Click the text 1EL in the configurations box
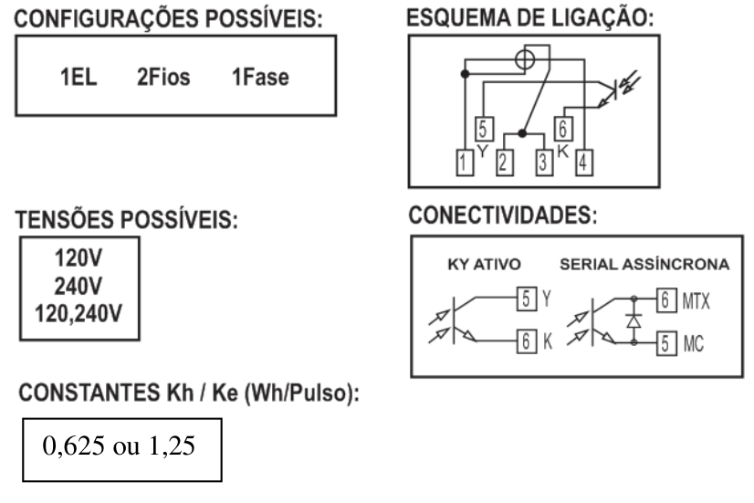click(79, 77)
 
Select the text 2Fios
click(163, 77)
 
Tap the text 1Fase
click(260, 77)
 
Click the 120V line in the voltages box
click(79, 258)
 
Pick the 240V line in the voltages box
click(79, 286)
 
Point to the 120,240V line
click(79, 313)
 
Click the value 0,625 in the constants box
click(73, 445)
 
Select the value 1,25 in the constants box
click(172, 445)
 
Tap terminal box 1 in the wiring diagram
click(465, 162)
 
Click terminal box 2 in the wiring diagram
click(505, 162)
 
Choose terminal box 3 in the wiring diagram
click(544, 162)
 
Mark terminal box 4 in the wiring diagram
click(584, 162)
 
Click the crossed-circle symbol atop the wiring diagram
click(525, 59)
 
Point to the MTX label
click(696, 301)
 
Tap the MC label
click(693, 344)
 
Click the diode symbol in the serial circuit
click(634, 320)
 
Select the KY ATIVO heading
click(484, 265)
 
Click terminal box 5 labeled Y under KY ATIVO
click(527, 299)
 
